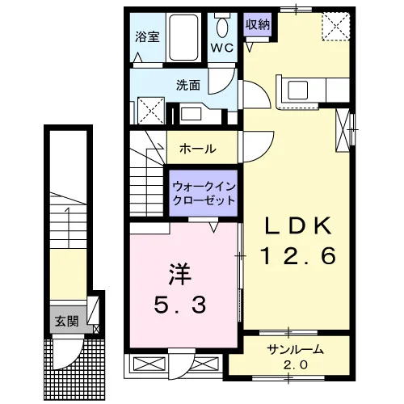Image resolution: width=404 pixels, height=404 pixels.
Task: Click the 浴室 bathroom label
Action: coord(147,37)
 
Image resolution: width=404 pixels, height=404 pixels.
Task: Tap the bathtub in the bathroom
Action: coord(184,37)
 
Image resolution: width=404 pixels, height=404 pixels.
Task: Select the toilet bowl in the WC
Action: coord(222,27)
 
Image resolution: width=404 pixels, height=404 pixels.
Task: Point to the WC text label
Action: coord(222,48)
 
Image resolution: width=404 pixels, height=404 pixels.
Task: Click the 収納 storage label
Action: coord(258,25)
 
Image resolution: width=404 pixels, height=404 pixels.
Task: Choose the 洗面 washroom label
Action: coord(188,86)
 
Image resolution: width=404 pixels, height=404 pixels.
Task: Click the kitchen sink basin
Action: coord(298,90)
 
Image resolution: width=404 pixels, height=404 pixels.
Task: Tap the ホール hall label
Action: coord(198,149)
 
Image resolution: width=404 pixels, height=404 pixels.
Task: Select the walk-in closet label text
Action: coord(204,193)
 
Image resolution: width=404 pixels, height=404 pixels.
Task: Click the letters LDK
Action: coord(297,225)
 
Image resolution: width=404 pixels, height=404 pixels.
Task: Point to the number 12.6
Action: coord(298,256)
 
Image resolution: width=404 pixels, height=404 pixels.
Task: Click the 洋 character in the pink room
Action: coord(180,274)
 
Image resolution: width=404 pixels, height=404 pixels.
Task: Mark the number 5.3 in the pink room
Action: coord(180,305)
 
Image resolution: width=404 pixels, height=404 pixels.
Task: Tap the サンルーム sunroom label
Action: coord(295,350)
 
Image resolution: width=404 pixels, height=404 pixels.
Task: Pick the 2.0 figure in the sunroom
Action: coord(295,365)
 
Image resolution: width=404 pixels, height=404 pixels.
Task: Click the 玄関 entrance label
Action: coord(67,321)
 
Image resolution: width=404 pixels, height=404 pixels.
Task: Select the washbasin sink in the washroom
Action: coord(191,114)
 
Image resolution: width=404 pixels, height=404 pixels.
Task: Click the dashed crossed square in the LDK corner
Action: coord(336,27)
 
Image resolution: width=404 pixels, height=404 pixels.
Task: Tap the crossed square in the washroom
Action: coord(151,111)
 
